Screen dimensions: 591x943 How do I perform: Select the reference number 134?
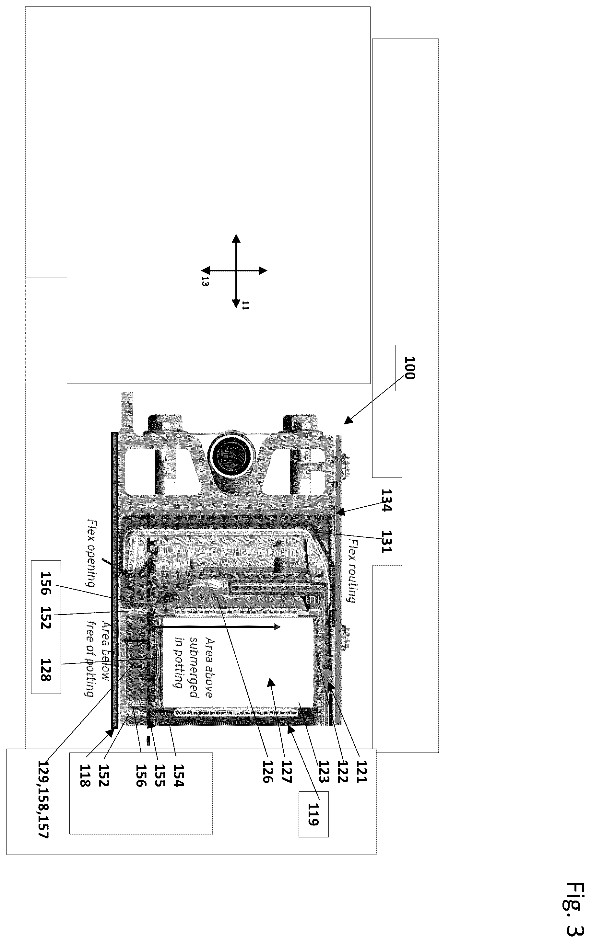pos(386,500)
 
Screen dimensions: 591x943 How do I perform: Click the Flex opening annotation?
pos(91,553)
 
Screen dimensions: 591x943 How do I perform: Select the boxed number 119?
pos(313,814)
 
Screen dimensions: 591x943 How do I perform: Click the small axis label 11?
pos(245,305)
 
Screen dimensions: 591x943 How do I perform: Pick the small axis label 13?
pos(205,281)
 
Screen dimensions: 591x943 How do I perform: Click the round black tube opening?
pos(232,455)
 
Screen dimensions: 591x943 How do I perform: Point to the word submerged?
pos(194,661)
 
